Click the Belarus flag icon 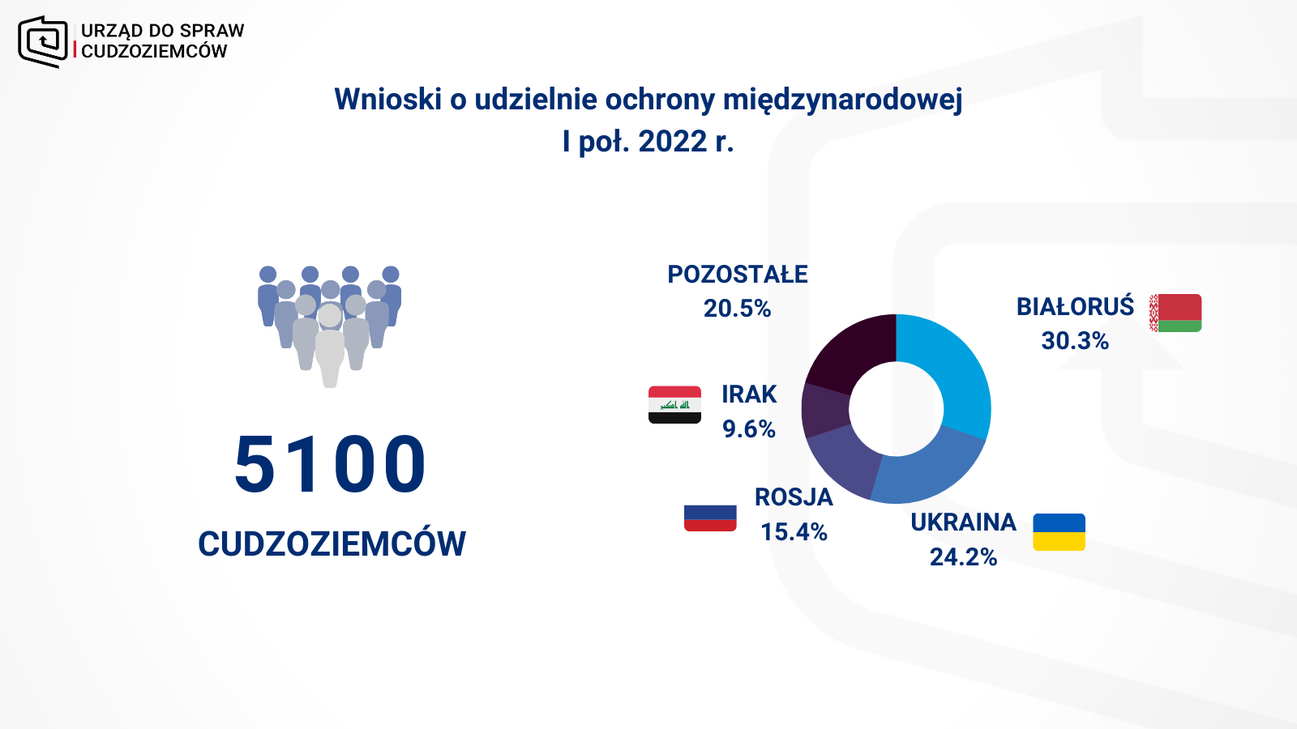click(1175, 313)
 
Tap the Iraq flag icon click(674, 404)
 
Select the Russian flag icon click(710, 518)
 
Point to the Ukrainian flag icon click(1059, 531)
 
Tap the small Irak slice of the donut click(824, 410)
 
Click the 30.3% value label click(1075, 341)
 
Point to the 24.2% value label click(964, 557)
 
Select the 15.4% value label click(794, 531)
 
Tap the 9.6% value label click(749, 428)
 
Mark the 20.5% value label click(737, 309)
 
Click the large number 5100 click(330, 464)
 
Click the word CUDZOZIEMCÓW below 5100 click(332, 544)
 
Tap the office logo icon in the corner click(43, 41)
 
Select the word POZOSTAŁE click(737, 275)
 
